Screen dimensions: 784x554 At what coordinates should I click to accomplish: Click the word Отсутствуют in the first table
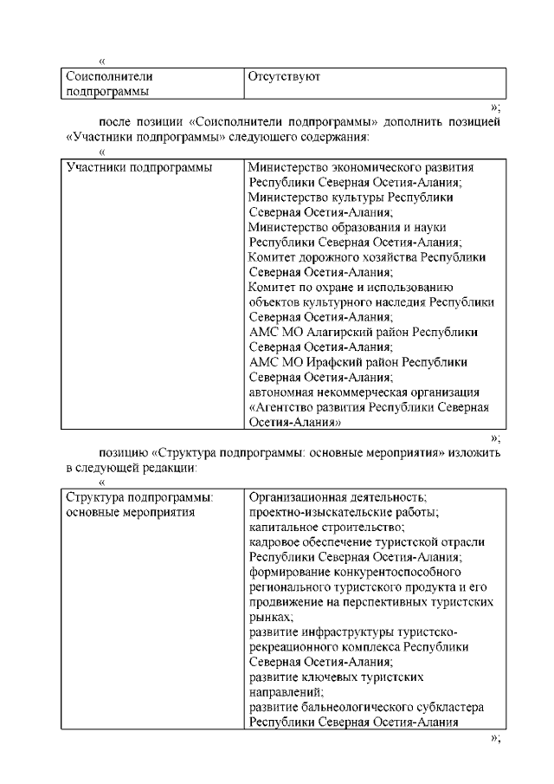point(285,77)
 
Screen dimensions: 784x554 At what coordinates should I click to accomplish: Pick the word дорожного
point(324,257)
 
